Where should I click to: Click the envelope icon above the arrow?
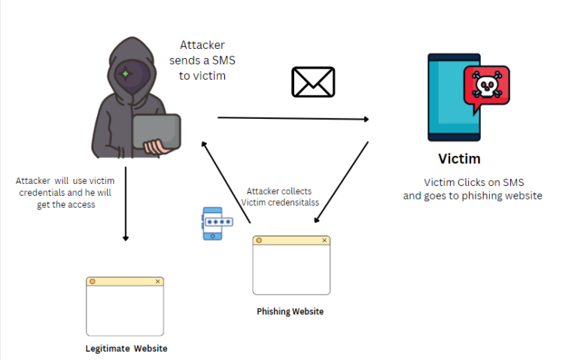click(313, 82)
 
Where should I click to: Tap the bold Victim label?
click(459, 159)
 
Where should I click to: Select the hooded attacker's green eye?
click(126, 74)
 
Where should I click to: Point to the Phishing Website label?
click(291, 311)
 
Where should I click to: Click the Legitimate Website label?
click(126, 349)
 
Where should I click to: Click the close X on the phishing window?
click(324, 240)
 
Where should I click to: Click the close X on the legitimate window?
click(157, 281)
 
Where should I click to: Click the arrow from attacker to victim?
click(294, 118)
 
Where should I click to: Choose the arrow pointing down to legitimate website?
click(126, 203)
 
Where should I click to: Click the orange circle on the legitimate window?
click(93, 281)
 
